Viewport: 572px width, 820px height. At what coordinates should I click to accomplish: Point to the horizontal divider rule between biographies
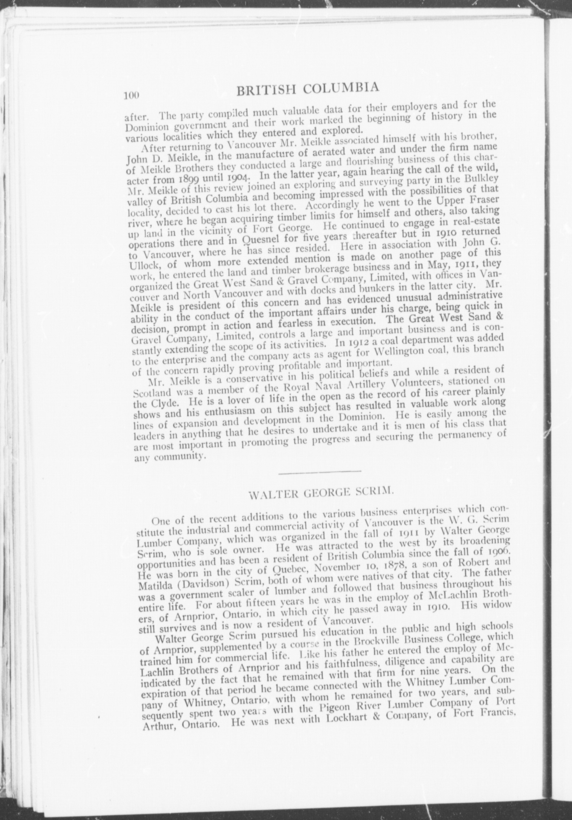tap(320, 471)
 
